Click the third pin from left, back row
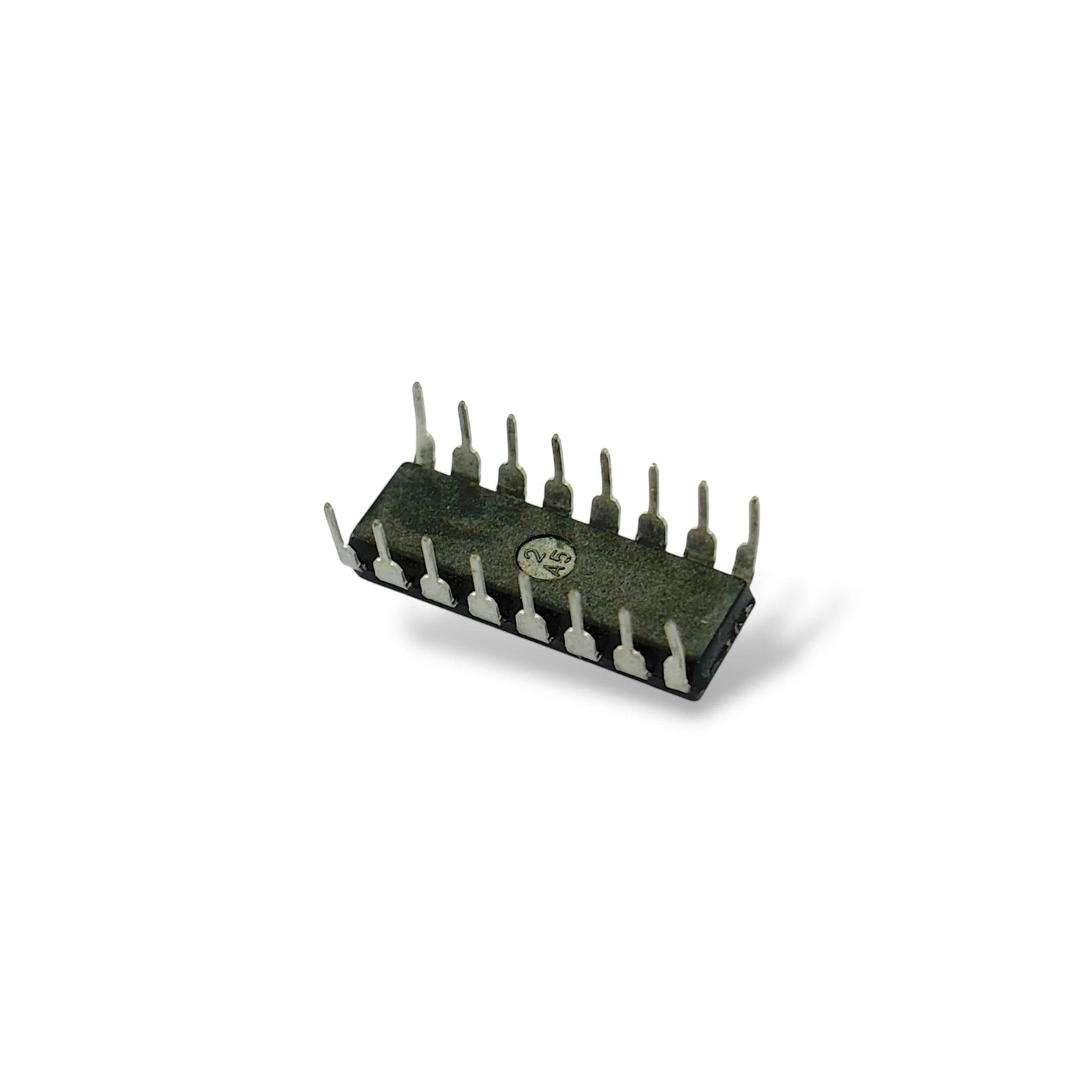[512, 461]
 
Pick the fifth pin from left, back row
[605, 495]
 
